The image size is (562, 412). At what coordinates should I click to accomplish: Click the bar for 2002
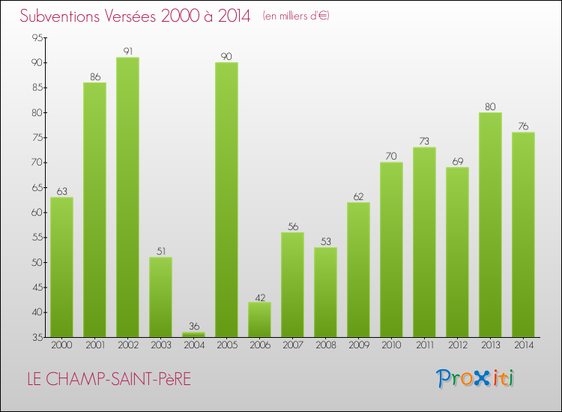pyautogui.click(x=127, y=197)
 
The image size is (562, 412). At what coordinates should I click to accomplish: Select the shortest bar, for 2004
pyautogui.click(x=193, y=335)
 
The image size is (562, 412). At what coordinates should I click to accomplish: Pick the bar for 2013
pyautogui.click(x=490, y=225)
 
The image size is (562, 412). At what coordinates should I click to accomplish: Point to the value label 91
pyautogui.click(x=127, y=52)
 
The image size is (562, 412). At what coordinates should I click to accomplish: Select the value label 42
pyautogui.click(x=259, y=297)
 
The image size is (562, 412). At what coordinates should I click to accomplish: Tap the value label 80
pyautogui.click(x=490, y=106)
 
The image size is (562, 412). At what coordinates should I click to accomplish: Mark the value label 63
pyautogui.click(x=61, y=192)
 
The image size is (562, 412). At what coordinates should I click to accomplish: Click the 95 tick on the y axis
pyautogui.click(x=37, y=37)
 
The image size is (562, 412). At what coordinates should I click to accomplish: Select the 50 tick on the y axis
pyautogui.click(x=37, y=262)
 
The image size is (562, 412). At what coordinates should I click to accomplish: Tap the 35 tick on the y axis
pyautogui.click(x=37, y=337)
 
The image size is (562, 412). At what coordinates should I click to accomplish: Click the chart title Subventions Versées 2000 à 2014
pyautogui.click(x=135, y=16)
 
